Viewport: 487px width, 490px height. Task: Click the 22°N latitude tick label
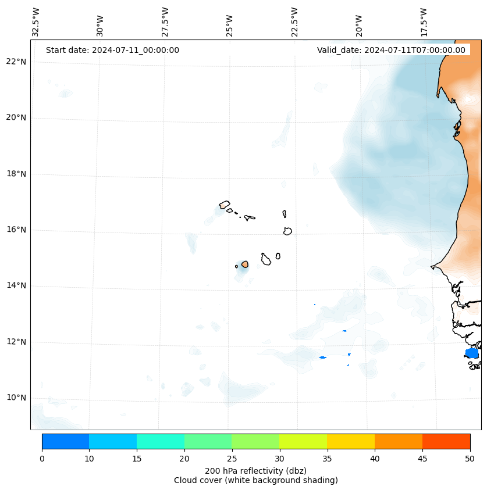16,62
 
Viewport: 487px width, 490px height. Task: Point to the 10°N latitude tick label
16,398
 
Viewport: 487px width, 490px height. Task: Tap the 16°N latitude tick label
16,230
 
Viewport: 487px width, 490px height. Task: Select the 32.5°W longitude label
36,22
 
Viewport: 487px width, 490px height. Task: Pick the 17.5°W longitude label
424,22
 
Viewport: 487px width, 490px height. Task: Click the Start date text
112,50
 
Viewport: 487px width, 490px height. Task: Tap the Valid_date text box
391,50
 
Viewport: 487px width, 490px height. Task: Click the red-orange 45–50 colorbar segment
446,441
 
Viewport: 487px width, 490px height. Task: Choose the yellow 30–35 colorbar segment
303,441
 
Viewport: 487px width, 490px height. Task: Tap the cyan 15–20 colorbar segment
160,441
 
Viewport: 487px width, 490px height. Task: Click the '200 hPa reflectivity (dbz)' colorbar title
255,470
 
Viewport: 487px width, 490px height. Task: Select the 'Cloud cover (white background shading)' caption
255,480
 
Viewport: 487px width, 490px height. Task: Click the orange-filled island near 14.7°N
245,264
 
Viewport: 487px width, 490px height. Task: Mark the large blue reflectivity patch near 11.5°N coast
472,353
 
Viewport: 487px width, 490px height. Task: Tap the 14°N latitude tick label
16,285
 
